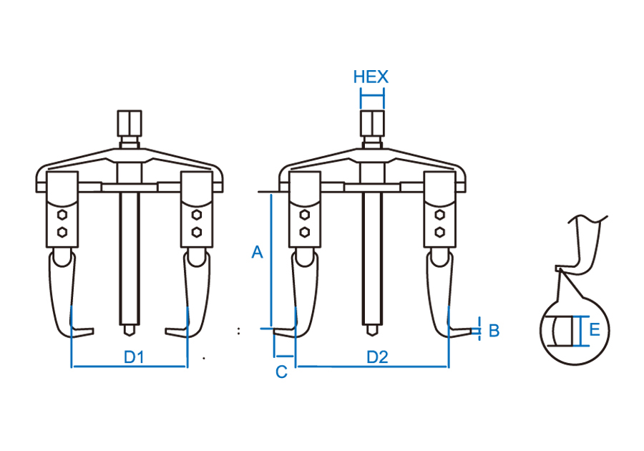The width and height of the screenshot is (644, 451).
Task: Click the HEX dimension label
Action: pos(371,77)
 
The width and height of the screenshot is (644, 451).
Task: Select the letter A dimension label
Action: pos(258,251)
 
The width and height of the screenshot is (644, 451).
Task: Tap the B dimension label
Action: pos(493,331)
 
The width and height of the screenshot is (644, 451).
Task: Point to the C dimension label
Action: pos(281,372)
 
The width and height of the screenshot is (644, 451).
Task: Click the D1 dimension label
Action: pos(135,356)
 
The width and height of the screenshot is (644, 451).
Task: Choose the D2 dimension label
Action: pos(377,356)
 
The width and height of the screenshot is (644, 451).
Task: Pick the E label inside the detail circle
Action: pos(594,329)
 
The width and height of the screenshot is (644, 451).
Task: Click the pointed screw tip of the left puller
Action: pos(130,331)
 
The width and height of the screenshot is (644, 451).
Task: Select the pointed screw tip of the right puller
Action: pos(371,331)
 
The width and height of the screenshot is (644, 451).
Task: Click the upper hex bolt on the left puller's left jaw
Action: pos(62,215)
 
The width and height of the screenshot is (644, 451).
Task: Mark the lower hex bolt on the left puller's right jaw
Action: pos(196,231)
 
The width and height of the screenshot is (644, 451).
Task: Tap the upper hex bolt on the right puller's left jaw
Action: pos(305,215)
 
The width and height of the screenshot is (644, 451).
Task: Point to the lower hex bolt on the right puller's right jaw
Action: pos(439,231)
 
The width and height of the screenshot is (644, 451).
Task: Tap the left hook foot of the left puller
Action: pos(80,331)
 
